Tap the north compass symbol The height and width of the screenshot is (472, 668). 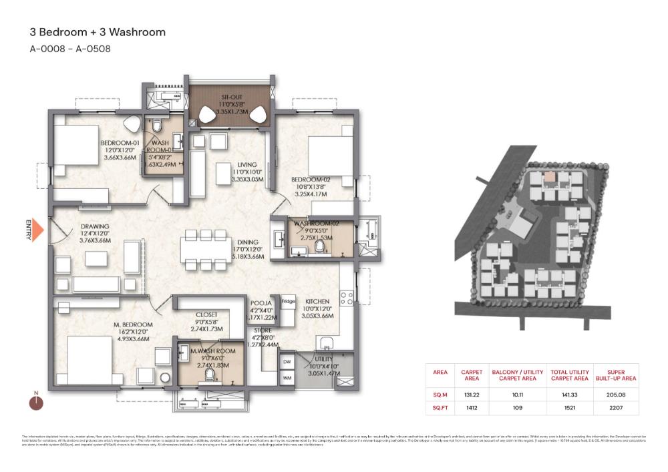[x=36, y=403]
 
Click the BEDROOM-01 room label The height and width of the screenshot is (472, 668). [x=120, y=144]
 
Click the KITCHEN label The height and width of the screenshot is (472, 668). [x=317, y=301]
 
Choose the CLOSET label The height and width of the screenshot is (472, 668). [x=206, y=315]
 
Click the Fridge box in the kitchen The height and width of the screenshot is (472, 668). [x=288, y=302]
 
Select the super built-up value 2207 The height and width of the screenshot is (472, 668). [x=620, y=407]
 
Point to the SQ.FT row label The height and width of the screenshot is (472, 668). [x=440, y=407]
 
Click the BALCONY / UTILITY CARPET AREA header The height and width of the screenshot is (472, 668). [x=514, y=375]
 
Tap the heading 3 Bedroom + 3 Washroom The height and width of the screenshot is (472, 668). [x=98, y=32]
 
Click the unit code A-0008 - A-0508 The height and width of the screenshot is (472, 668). [x=70, y=49]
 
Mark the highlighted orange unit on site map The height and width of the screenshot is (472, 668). [x=549, y=177]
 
